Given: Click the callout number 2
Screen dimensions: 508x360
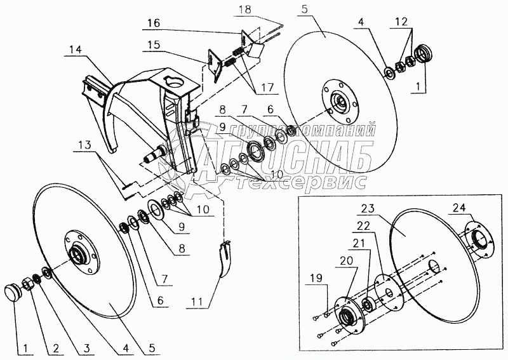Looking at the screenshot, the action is pyautogui.click(x=56, y=348).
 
